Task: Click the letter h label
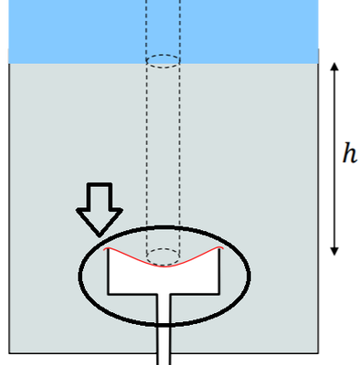(x=349, y=154)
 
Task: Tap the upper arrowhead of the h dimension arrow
(x=335, y=68)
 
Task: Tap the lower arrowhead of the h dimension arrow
(x=335, y=251)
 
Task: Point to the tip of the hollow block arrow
(x=99, y=235)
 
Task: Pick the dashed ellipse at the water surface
(x=164, y=61)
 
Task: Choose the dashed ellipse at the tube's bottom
(x=164, y=255)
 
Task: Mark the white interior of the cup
(x=164, y=279)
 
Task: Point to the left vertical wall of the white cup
(x=109, y=271)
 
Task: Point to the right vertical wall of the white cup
(x=221, y=271)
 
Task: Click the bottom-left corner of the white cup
(x=109, y=293)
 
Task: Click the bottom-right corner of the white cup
(x=221, y=293)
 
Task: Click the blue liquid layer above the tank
(x=73, y=32)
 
